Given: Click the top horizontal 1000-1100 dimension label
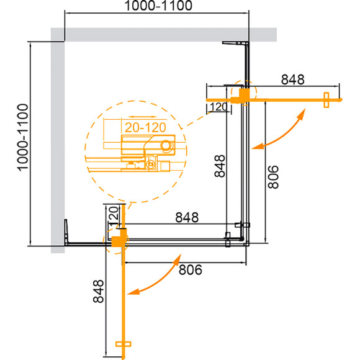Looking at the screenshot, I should point(156,7).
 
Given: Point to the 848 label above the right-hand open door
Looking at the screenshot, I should point(292,79).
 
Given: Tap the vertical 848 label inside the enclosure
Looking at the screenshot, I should point(217,166).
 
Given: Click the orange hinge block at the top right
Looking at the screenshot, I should point(243,94).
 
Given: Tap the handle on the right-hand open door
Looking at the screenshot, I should point(326,99).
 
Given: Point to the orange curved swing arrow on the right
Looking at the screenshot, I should point(280,131).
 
